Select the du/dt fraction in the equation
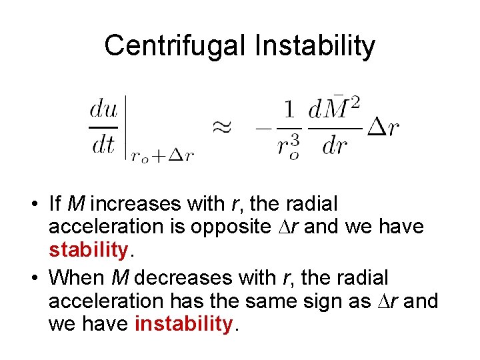[103, 125]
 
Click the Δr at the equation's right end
[383, 127]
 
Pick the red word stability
[88, 250]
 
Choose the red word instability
[183, 324]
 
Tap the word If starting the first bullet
[56, 202]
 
